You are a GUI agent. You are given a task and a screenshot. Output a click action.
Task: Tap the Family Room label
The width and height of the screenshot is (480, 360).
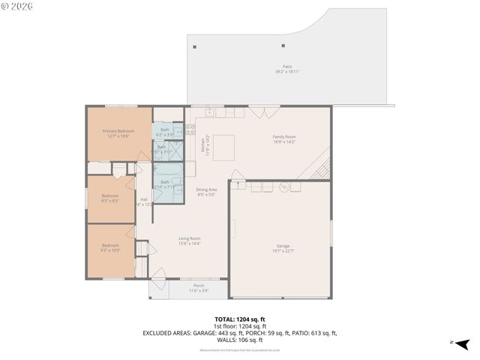coord(283,139)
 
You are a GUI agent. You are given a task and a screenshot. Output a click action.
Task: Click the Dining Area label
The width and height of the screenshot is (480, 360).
coord(206,191)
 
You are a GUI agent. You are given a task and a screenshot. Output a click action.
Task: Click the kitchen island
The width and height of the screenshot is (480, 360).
coord(223,146)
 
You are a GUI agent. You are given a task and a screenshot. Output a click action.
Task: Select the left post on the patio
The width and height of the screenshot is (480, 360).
coord(195,47)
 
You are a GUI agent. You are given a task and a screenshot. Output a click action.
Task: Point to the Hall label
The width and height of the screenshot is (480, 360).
coord(144,201)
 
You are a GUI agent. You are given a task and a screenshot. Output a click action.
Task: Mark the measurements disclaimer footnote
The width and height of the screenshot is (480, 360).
coord(239,350)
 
